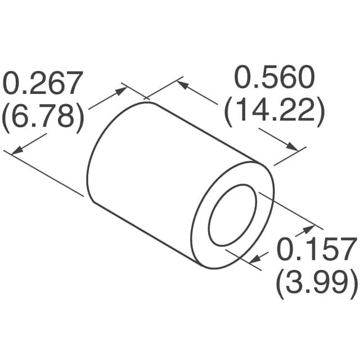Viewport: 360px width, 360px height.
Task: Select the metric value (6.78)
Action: (43, 118)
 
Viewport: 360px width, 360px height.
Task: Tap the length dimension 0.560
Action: (274, 79)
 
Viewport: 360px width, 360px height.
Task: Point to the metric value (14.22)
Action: (274, 113)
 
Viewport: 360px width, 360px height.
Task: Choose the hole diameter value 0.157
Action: (317, 249)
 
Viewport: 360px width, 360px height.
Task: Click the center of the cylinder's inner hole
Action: (232, 217)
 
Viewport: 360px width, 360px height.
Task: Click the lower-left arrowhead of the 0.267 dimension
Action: (16, 150)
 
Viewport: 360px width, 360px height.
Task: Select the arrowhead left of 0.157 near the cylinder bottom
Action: (254, 259)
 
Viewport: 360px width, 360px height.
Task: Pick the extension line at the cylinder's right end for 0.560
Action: (290, 157)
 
